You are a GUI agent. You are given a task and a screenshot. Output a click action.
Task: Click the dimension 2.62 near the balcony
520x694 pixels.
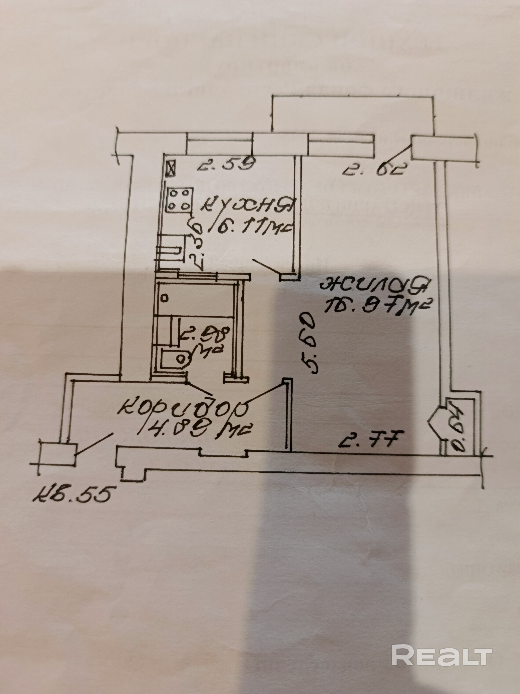tap(373, 171)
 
